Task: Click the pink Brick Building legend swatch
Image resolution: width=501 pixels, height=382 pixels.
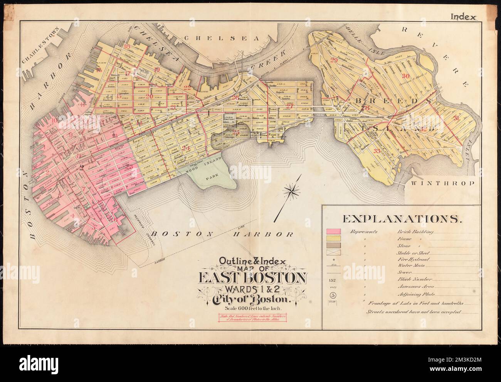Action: [334, 232]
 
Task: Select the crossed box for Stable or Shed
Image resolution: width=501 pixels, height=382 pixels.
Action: [334, 252]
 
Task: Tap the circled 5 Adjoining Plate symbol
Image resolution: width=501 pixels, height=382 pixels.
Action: [332, 295]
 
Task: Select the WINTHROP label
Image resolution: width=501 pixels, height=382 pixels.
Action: [448, 183]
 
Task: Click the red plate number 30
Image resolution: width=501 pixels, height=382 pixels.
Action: [405, 76]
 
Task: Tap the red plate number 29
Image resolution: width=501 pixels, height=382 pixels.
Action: [334, 60]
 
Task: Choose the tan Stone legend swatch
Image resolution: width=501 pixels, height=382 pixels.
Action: [334, 245]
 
